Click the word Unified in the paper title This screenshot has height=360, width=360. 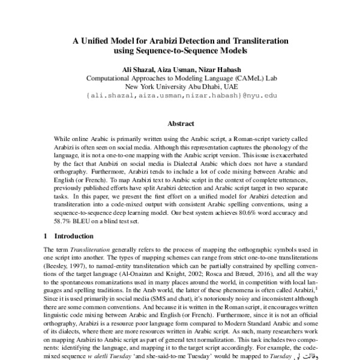(103, 41)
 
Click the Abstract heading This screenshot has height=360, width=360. (180, 124)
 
